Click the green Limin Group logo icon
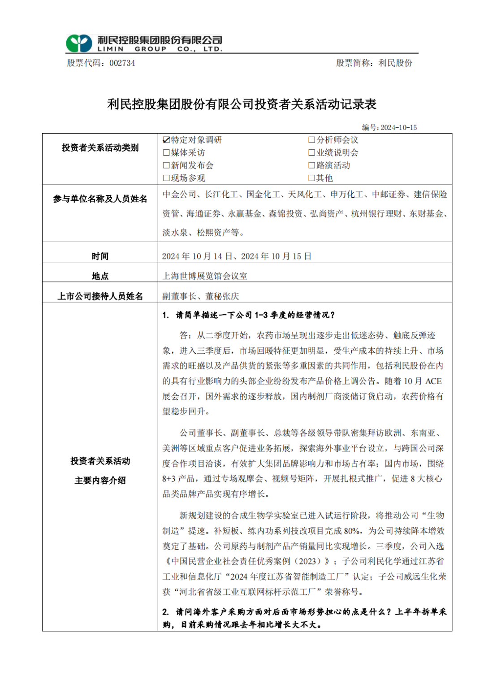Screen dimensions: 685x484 (79, 43)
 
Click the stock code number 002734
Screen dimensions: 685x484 (122, 63)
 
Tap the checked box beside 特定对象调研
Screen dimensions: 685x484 (166, 140)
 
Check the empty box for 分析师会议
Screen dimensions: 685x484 (311, 140)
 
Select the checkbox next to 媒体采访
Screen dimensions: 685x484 (166, 153)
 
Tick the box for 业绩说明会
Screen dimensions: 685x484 (311, 153)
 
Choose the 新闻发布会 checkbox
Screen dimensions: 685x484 (166, 165)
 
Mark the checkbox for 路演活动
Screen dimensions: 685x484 (311, 165)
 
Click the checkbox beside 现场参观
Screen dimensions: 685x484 (166, 178)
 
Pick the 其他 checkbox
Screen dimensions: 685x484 (311, 178)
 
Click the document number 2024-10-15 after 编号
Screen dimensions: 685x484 (398, 128)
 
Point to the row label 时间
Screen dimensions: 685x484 (100, 256)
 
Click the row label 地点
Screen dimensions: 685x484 (100, 276)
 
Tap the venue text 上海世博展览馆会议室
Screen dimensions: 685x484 (205, 276)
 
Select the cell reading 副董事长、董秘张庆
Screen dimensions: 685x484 (200, 296)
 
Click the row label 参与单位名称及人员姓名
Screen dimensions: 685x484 (100, 199)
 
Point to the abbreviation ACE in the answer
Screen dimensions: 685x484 (433, 382)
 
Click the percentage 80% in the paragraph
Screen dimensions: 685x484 (352, 531)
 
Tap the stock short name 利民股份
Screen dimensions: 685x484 (395, 63)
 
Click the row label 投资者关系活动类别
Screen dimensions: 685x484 (100, 147)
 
